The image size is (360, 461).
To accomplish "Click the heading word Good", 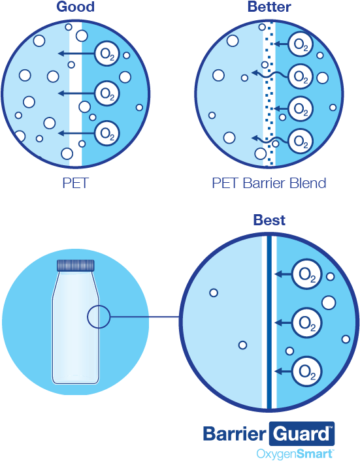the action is pyautogui.click(x=76, y=7).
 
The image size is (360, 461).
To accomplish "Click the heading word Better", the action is pyautogui.click(x=269, y=7).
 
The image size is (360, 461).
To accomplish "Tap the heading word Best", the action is pyautogui.click(x=269, y=220).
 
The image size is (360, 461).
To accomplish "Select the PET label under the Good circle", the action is pyautogui.click(x=76, y=183).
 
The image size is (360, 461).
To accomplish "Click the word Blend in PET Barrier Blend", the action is pyautogui.click(x=308, y=183).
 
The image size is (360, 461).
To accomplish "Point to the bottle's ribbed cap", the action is pyautogui.click(x=76, y=265).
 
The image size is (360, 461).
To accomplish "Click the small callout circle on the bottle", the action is pyautogui.click(x=99, y=317).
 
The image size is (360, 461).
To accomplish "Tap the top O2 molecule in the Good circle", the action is pyautogui.click(x=107, y=54).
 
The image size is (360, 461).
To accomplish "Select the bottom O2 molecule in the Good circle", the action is pyautogui.click(x=107, y=133).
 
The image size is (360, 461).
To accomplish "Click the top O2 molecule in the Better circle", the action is pyautogui.click(x=301, y=44).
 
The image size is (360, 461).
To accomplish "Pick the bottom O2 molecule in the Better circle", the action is pyautogui.click(x=301, y=142).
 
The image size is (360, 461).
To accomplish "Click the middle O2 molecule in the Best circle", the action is pyautogui.click(x=307, y=323).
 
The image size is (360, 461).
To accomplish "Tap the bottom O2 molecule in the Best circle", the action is pyautogui.click(x=307, y=372).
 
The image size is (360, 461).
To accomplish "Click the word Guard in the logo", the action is pyautogui.click(x=301, y=434).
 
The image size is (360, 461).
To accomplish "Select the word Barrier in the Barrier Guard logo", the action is pyautogui.click(x=235, y=434).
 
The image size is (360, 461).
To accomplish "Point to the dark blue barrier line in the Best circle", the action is pyautogui.click(x=269, y=322).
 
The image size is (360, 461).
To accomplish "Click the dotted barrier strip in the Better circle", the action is pyautogui.click(x=269, y=94).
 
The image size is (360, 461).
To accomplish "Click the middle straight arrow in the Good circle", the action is pyautogui.click(x=76, y=93).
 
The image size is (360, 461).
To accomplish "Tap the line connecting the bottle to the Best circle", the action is pyautogui.click(x=144, y=317).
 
